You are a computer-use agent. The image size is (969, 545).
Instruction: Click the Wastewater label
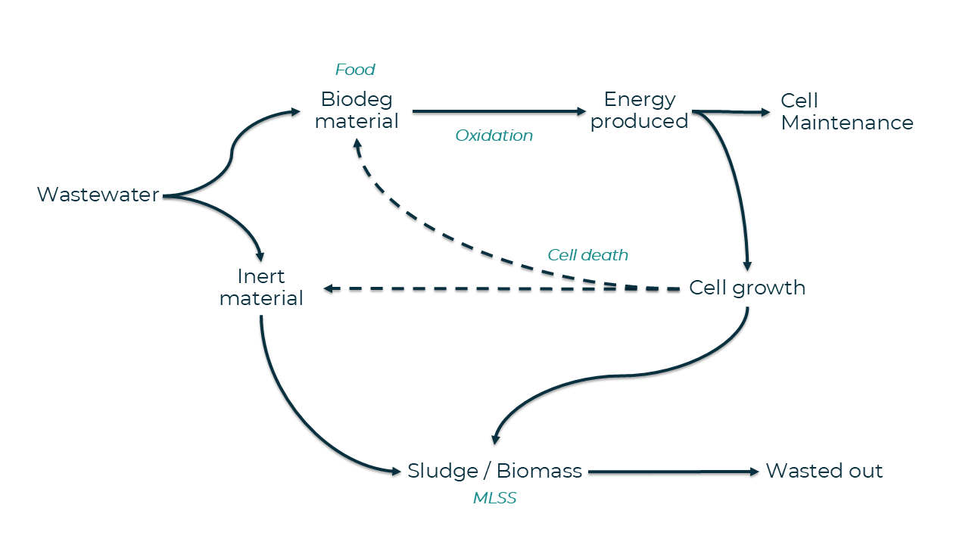click(x=98, y=195)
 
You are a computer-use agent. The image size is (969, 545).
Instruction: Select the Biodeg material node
click(x=357, y=110)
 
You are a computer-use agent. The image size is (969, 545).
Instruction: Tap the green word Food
click(x=355, y=70)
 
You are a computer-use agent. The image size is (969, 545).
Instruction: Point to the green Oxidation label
click(x=494, y=135)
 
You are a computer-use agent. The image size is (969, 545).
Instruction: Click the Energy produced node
click(x=639, y=110)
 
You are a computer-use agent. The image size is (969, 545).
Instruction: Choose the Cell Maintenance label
click(x=846, y=111)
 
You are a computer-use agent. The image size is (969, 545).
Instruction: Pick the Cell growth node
click(x=747, y=288)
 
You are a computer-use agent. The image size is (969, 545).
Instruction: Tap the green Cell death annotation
click(x=587, y=255)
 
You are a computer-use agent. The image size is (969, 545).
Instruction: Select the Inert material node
click(x=261, y=287)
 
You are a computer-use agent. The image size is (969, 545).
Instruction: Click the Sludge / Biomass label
click(x=494, y=471)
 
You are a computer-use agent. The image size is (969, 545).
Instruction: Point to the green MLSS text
click(x=494, y=498)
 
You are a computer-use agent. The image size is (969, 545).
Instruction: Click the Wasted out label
click(x=824, y=471)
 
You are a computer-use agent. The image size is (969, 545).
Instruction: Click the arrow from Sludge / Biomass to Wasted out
click(x=672, y=472)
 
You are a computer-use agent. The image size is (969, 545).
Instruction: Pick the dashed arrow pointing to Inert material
click(x=500, y=289)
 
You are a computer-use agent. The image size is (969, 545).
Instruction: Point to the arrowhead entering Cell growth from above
click(x=747, y=265)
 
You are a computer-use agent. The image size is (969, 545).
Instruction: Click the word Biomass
click(x=539, y=471)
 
